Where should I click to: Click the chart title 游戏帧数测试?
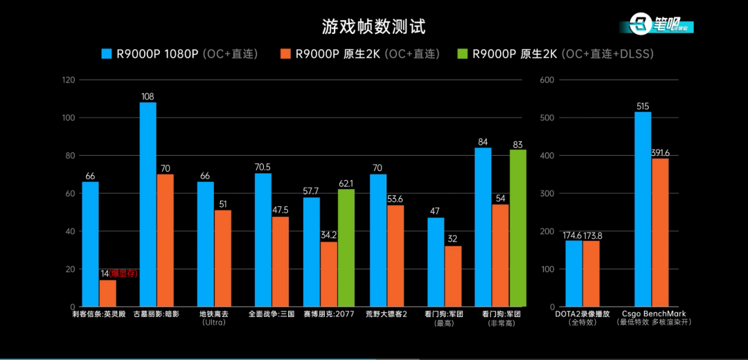[x=373, y=27]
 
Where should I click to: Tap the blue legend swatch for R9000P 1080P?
[x=107, y=54]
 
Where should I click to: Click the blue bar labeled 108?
[x=148, y=204]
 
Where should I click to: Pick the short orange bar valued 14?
[x=108, y=293]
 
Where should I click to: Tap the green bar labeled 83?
[x=517, y=228]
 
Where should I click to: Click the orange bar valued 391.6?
[x=659, y=232]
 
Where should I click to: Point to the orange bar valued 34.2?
[x=329, y=274]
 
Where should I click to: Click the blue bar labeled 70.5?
[x=263, y=240]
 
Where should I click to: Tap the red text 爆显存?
[x=125, y=273]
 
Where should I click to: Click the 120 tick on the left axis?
[x=68, y=80]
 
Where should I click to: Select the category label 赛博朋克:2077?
[x=330, y=314]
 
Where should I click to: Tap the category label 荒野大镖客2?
[x=386, y=314]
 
